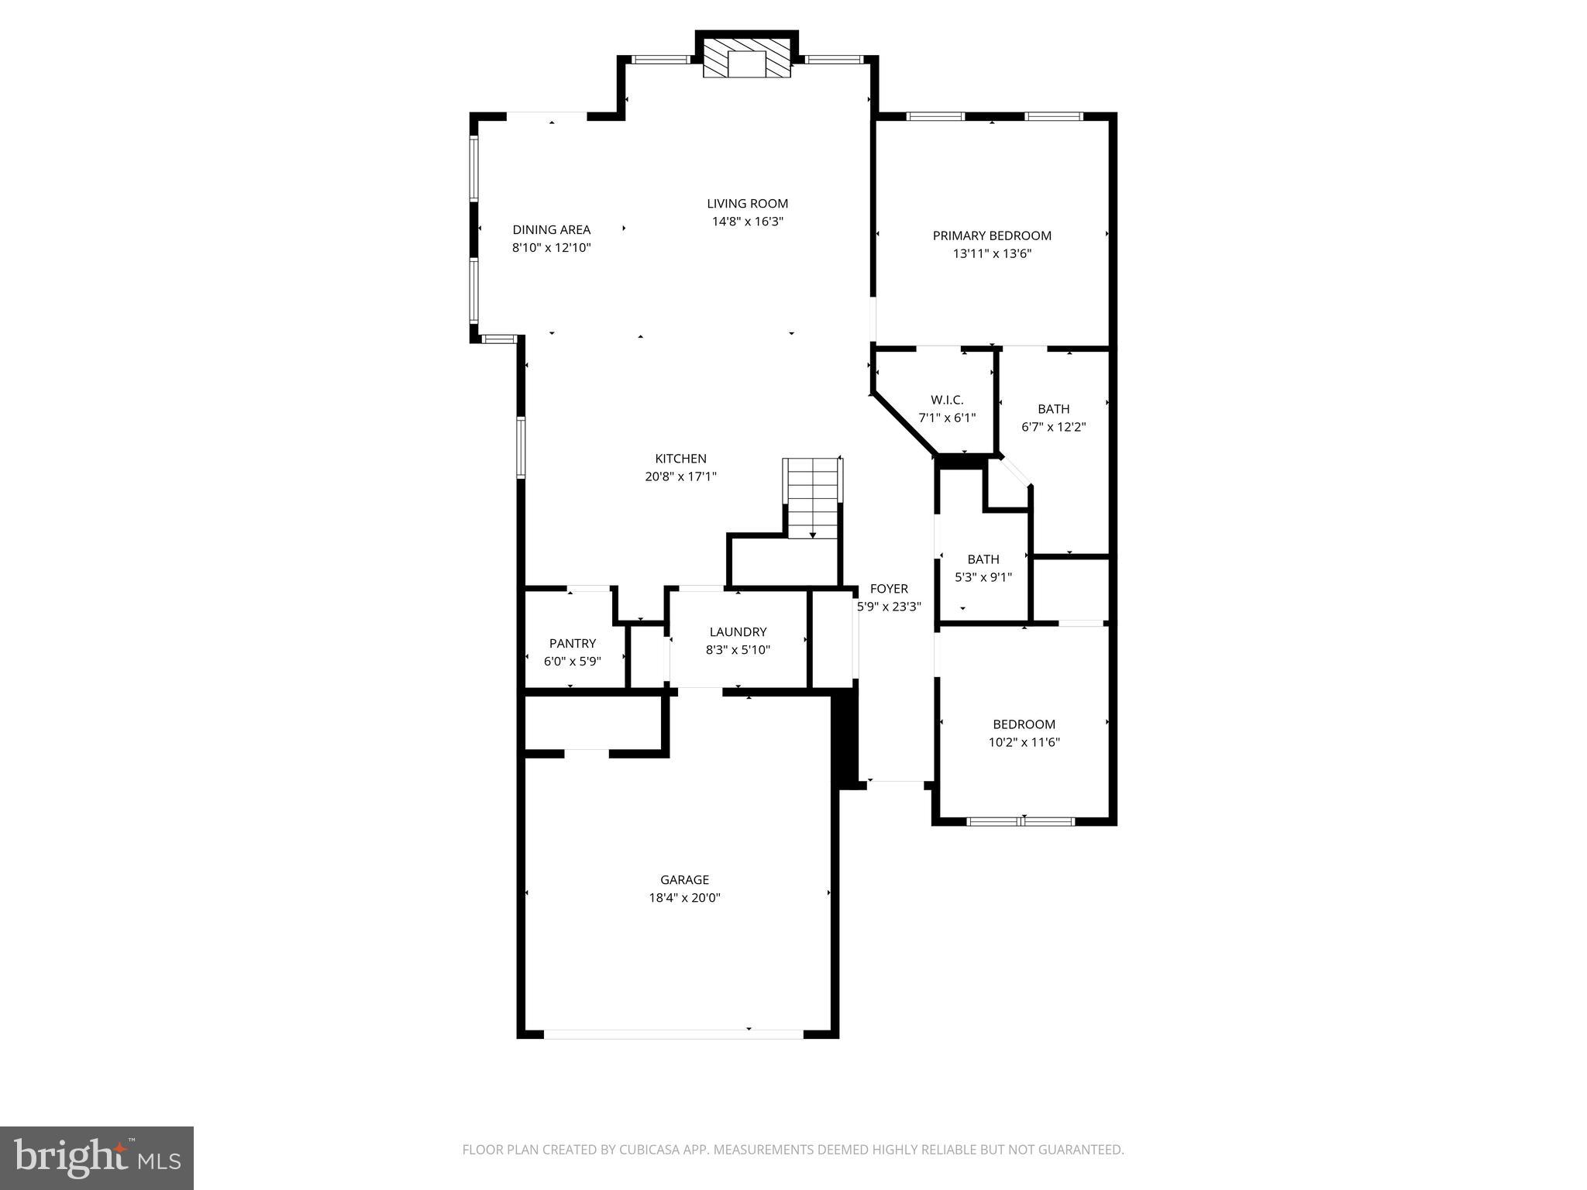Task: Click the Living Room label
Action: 747,204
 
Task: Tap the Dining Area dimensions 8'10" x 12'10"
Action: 551,248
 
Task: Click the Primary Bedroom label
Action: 991,236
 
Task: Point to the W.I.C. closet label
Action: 946,400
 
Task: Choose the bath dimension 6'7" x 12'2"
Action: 1053,427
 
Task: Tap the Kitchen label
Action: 680,459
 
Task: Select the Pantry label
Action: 572,643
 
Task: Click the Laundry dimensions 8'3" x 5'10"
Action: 737,650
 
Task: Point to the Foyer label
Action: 888,589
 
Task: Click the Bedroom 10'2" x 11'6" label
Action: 1024,724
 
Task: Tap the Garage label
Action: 684,879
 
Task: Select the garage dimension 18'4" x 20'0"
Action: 684,898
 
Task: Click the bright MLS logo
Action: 97,1157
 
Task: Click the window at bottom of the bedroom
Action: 1021,821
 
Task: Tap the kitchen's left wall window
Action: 522,447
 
